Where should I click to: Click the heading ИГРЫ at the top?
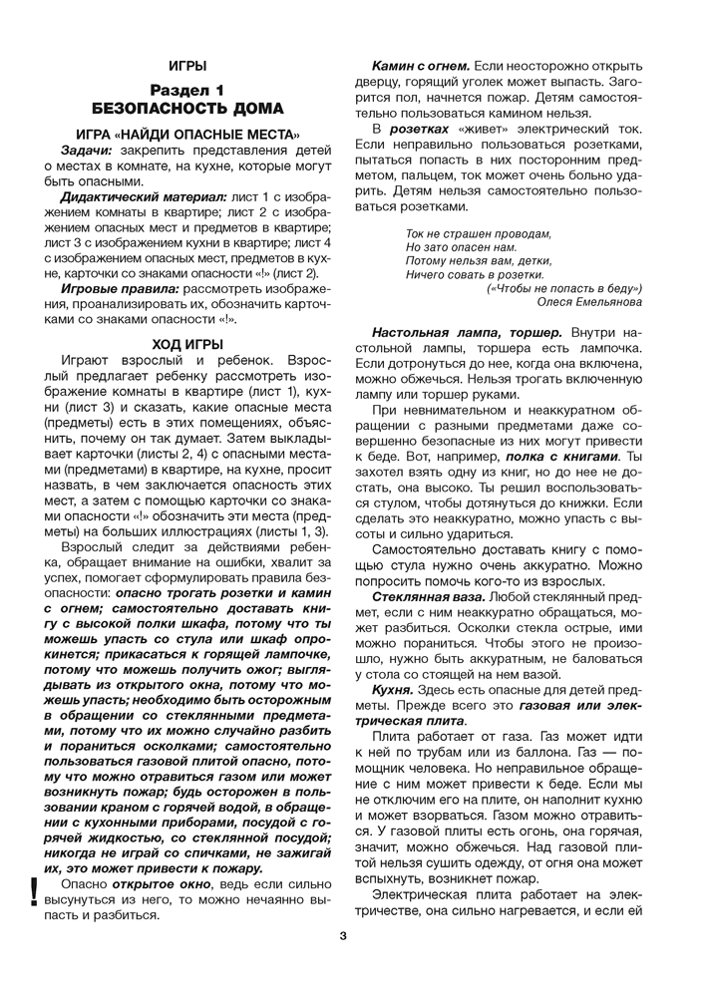coord(187,66)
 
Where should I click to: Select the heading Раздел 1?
coord(187,91)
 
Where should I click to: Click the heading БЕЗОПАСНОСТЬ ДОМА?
coord(187,109)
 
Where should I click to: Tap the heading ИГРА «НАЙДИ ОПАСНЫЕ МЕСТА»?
coord(187,134)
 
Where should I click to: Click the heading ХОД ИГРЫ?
coord(187,344)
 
